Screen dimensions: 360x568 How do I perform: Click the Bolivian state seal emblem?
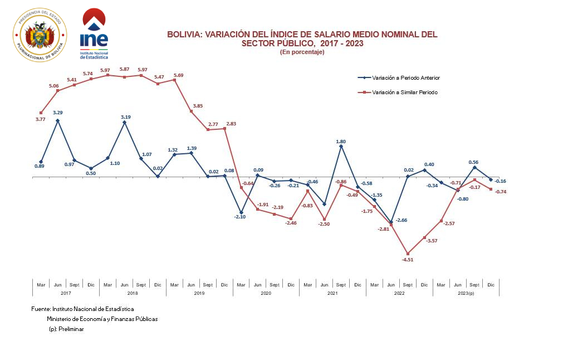40,35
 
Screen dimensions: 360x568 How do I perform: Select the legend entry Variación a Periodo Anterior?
401,78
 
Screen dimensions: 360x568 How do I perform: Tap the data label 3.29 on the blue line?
57,113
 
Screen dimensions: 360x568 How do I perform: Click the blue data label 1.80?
341,142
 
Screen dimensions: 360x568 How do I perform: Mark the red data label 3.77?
41,119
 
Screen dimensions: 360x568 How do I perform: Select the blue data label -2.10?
241,217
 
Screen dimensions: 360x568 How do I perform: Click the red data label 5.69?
178,75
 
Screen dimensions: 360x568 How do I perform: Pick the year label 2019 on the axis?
199,293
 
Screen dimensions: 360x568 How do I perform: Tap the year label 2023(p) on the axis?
466,293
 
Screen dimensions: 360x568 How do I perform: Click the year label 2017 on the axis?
66,293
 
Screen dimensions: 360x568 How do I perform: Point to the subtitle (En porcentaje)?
302,52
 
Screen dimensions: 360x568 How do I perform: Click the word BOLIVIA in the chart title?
184,35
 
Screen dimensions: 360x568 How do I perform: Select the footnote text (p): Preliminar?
66,329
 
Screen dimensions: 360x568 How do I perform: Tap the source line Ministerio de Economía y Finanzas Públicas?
102,319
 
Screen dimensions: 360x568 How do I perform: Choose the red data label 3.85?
198,105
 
